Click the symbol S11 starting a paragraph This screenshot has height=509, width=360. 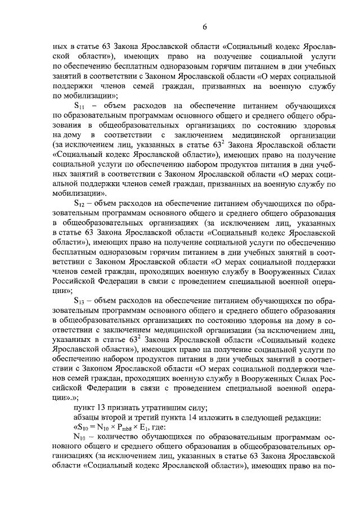pyautogui.click(x=80, y=106)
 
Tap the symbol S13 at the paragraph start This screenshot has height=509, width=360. pyautogui.click(x=80, y=300)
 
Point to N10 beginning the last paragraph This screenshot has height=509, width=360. pyautogui.click(x=80, y=436)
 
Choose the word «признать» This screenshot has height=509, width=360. pyautogui.click(x=124, y=407)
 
